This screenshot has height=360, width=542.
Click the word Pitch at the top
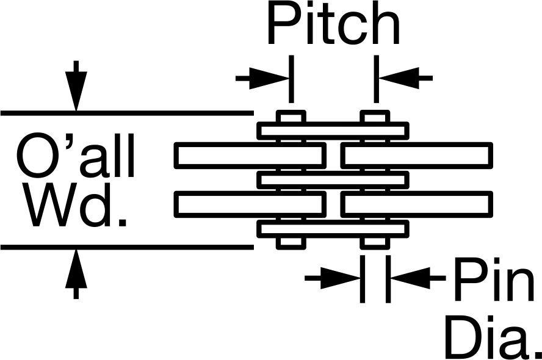(334, 24)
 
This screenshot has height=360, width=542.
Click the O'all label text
(75, 156)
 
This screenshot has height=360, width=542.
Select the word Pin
(494, 279)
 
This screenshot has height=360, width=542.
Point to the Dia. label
(494, 337)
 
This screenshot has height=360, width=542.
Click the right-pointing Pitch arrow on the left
(262, 78)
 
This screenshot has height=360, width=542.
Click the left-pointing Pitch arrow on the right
(405, 78)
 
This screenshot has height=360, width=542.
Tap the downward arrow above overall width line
(76, 86)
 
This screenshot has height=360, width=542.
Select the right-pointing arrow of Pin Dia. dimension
(333, 278)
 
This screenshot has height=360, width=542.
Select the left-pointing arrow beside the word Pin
(418, 278)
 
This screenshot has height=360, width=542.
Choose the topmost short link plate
(333, 131)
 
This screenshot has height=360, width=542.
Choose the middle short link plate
(333, 180)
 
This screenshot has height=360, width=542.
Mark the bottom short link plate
(333, 229)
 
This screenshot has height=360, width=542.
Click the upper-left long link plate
(250, 156)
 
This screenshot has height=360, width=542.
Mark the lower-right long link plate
(416, 204)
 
